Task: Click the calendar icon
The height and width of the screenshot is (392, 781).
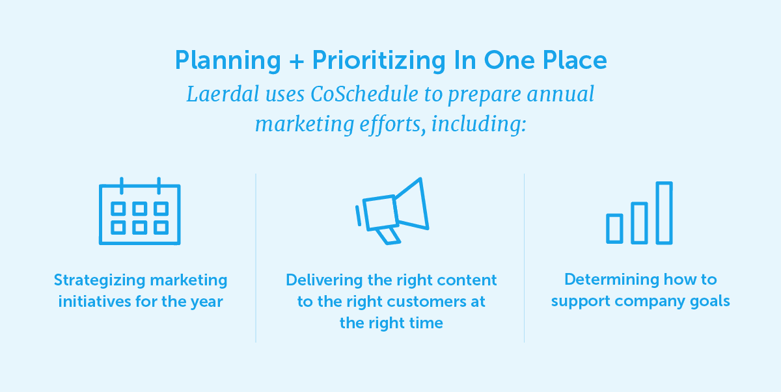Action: pyautogui.click(x=139, y=212)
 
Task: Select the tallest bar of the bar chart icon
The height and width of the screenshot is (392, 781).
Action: pyautogui.click(x=664, y=213)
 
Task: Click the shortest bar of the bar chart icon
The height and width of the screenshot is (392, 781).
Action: pyautogui.click(x=614, y=228)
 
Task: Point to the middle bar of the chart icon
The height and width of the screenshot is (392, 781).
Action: pyautogui.click(x=639, y=222)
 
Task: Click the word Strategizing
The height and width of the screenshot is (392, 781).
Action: pyautogui.click(x=99, y=280)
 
